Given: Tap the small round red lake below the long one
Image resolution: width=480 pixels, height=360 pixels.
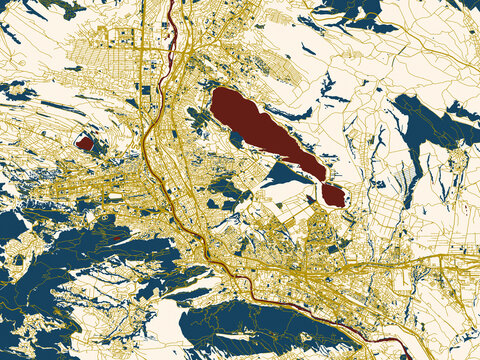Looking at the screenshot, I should [x=334, y=195].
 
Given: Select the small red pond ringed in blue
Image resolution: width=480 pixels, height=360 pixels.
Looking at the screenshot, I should [x=85, y=143].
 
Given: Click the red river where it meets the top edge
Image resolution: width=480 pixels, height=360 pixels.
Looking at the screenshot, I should [x=170, y=3].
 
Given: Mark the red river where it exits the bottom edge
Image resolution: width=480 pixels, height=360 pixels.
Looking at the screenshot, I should [x=405, y=356].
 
